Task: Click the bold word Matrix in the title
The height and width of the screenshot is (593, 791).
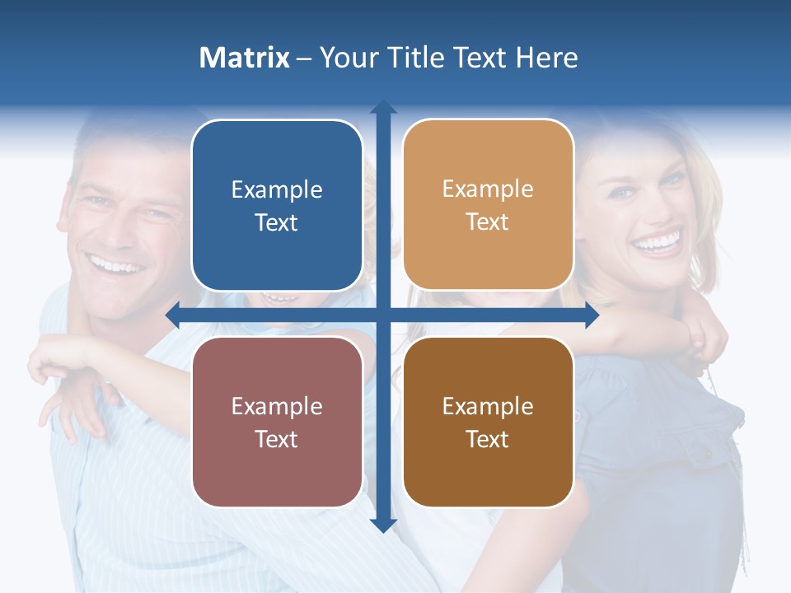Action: tap(244, 58)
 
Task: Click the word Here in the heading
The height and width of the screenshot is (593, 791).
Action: tap(546, 58)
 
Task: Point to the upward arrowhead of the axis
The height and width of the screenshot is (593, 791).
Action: tap(383, 107)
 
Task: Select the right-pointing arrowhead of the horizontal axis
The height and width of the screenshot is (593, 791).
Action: tap(591, 315)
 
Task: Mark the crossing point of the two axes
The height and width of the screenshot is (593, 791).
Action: tap(383, 315)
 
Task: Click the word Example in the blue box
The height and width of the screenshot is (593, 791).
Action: tap(277, 189)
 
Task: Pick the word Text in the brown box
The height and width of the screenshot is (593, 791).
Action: tap(488, 439)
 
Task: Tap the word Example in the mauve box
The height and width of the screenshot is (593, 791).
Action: tap(277, 406)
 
